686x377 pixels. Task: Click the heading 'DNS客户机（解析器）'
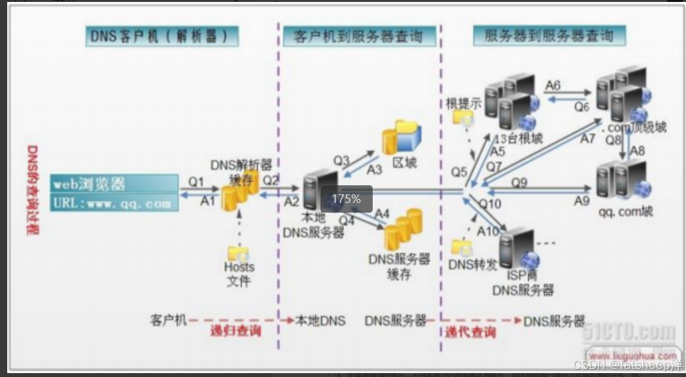(x=161, y=35)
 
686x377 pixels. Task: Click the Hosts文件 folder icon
(x=236, y=253)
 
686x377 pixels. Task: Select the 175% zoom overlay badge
(x=346, y=198)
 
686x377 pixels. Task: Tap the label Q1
(x=196, y=181)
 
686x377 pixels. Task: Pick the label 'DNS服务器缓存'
(x=398, y=266)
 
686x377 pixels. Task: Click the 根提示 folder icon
(x=464, y=118)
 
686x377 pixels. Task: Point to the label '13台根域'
(x=517, y=139)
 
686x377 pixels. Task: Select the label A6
(x=553, y=85)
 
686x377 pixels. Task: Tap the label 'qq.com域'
(x=626, y=212)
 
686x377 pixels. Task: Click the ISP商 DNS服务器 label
(x=522, y=282)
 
